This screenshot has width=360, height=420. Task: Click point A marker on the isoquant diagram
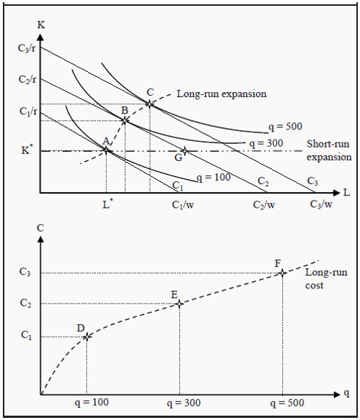pyautogui.click(x=106, y=150)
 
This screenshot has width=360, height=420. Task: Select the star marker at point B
pyautogui.click(x=125, y=119)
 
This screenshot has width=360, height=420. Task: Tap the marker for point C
pyautogui.click(x=149, y=104)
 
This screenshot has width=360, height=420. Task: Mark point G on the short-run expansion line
pyautogui.click(x=184, y=151)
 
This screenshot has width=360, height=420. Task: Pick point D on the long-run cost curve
pyautogui.click(x=87, y=337)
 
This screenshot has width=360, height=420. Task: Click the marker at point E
pyautogui.click(x=179, y=303)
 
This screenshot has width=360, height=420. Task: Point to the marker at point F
pyautogui.click(x=283, y=273)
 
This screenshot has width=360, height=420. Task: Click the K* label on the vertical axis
pyautogui.click(x=26, y=151)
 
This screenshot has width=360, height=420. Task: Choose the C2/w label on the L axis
pyautogui.click(x=264, y=205)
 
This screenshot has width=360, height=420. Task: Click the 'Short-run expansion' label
pyautogui.click(x=329, y=150)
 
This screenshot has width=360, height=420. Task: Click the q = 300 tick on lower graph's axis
pyautogui.click(x=179, y=403)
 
